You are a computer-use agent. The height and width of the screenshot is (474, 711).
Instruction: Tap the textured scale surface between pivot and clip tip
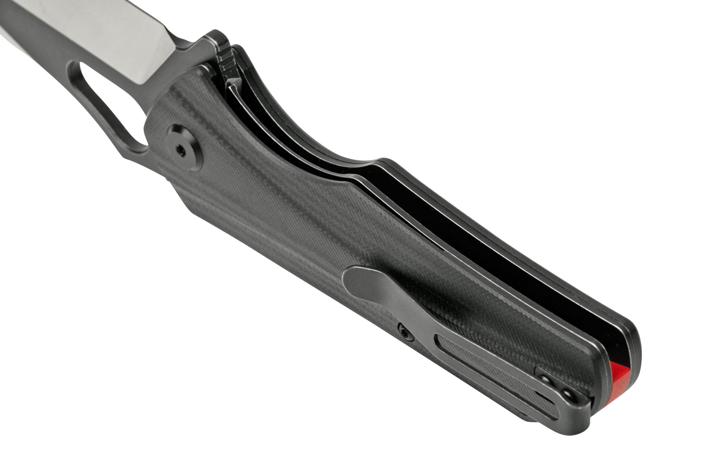click(x=272, y=212)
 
